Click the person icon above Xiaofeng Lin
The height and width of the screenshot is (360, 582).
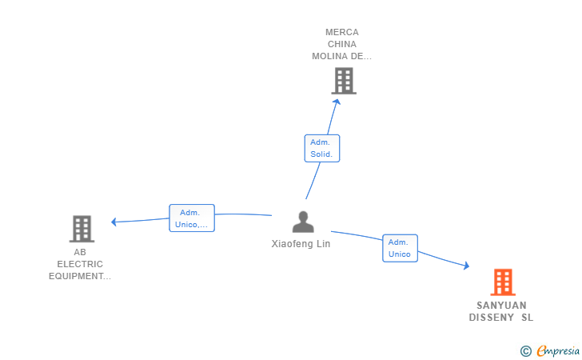[x=303, y=222]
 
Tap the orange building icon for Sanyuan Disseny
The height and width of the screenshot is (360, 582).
[x=503, y=282]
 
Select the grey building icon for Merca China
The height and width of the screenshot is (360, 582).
[x=344, y=81]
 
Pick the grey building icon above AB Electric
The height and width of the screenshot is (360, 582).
[x=82, y=229]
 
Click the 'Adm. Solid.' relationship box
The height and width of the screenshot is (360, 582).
[x=322, y=148]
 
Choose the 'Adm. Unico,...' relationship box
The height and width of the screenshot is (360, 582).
[x=192, y=218]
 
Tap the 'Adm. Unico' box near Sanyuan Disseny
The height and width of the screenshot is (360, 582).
[x=400, y=248]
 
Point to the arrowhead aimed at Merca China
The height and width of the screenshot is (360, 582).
[x=337, y=102]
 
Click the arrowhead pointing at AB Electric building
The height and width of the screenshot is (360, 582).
[x=114, y=222]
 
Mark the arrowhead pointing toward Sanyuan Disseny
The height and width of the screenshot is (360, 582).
[x=467, y=266]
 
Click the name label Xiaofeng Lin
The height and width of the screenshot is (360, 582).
[x=301, y=244]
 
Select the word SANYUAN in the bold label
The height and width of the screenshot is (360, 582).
[x=501, y=306]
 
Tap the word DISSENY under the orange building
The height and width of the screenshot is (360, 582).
[x=491, y=318]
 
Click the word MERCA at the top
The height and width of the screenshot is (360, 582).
[x=342, y=32]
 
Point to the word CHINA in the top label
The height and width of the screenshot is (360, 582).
[x=342, y=44]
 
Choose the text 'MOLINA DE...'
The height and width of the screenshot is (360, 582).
[x=341, y=56]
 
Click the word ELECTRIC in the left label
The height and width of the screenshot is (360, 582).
[x=80, y=264]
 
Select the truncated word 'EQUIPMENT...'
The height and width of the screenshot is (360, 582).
[x=80, y=276]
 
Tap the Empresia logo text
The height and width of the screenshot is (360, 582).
[x=558, y=350]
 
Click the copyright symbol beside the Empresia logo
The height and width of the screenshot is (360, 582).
[x=525, y=351]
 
